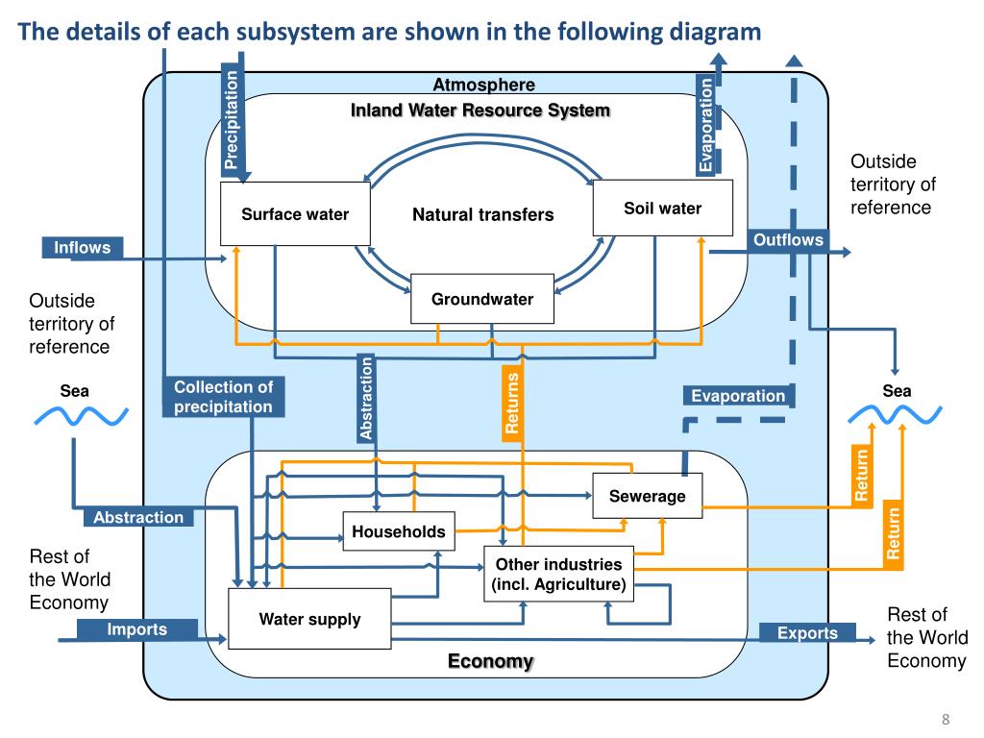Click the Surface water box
(x=294, y=214)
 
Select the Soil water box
(x=662, y=208)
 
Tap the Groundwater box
(x=482, y=299)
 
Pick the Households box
(x=399, y=531)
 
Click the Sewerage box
(x=647, y=496)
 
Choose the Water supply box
(x=309, y=619)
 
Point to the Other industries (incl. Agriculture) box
(x=558, y=575)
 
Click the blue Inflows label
(x=82, y=248)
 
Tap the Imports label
(x=136, y=630)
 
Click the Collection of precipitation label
(x=223, y=397)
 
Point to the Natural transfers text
(x=483, y=214)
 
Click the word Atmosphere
(x=483, y=86)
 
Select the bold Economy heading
(x=490, y=661)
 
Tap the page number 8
(x=946, y=721)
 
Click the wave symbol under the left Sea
(x=82, y=415)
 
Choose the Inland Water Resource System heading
(x=480, y=111)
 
